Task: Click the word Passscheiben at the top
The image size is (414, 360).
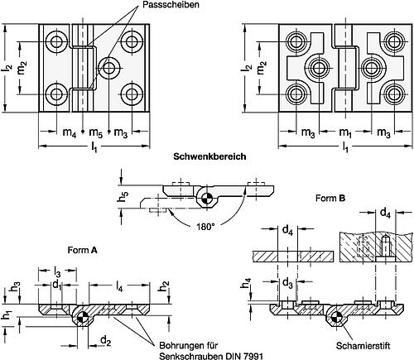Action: click(171, 4)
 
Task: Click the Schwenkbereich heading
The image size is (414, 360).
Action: click(209, 156)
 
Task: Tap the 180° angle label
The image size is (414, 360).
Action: click(205, 227)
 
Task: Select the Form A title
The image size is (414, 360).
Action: click(83, 250)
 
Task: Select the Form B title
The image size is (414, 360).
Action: click(330, 198)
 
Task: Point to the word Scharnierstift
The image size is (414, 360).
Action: click(363, 346)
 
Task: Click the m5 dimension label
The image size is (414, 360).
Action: click(96, 132)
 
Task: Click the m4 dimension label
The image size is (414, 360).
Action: click(70, 132)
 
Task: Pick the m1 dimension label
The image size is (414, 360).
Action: click(345, 132)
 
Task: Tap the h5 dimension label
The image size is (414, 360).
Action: click(123, 196)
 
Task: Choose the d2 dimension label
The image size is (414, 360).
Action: click(106, 341)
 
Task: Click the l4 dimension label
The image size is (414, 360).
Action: click(119, 287)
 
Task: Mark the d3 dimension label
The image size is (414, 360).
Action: click(287, 283)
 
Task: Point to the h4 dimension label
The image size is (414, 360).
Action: click(246, 283)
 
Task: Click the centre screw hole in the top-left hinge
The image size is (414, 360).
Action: click(109, 68)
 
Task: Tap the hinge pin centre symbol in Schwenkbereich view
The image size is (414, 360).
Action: click(206, 198)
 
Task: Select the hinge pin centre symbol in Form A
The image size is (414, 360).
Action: click(82, 317)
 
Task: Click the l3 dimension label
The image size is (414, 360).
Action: click(57, 271)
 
